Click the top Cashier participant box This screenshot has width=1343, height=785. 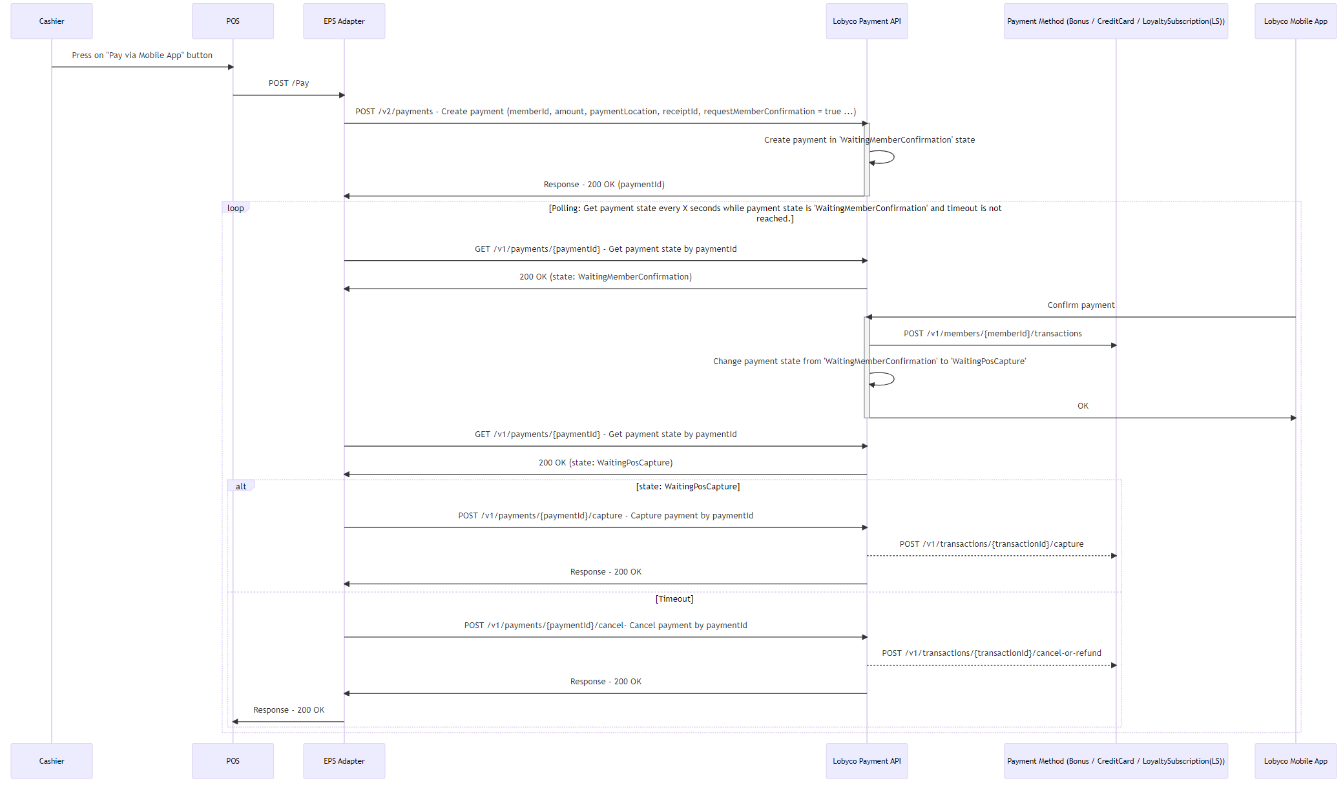point(52,21)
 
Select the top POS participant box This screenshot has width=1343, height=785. point(233,21)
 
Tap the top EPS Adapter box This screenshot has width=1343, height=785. point(344,21)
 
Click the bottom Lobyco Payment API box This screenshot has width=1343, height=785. point(867,761)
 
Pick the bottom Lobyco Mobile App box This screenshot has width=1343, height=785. point(1296,761)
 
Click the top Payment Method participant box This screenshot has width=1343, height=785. point(1116,21)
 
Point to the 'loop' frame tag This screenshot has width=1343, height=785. point(236,208)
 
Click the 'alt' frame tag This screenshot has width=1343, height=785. point(241,486)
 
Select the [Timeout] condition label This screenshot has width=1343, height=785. point(674,599)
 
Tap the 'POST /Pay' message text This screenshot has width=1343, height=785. point(289,83)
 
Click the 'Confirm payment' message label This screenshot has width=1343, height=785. point(1081,305)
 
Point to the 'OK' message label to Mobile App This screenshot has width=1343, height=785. point(1083,406)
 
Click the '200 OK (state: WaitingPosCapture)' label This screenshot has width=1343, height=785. point(606,463)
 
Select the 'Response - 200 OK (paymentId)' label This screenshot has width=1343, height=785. point(604,185)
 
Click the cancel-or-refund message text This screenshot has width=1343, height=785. point(992,653)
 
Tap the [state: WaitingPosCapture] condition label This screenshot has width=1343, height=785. point(688,487)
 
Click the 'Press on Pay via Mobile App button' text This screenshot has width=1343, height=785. point(142,56)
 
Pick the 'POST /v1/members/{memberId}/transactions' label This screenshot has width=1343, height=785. point(993,334)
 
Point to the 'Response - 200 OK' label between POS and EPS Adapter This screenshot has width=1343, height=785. point(289,710)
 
